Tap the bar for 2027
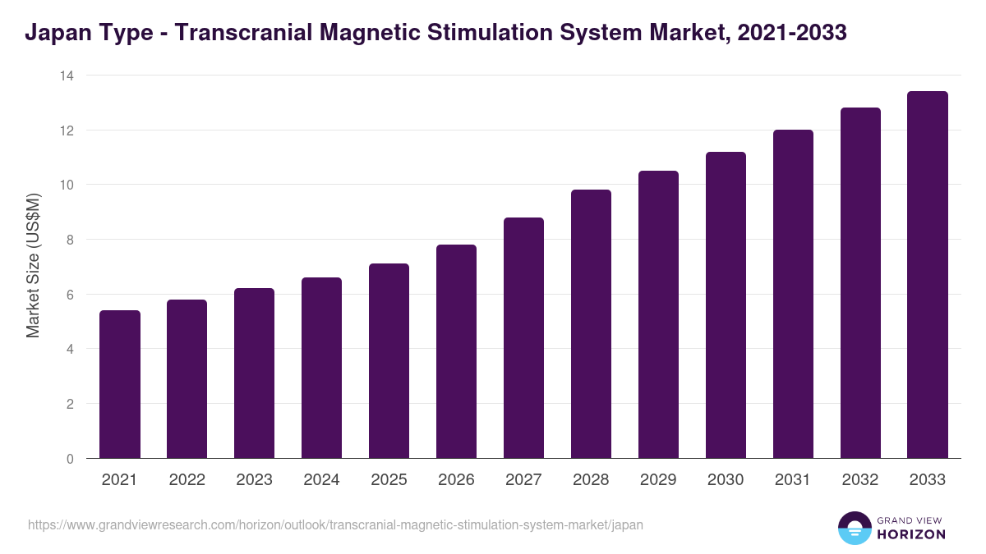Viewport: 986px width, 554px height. pos(524,337)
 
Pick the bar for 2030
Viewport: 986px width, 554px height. pos(726,304)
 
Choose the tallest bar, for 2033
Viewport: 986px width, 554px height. pos(928,275)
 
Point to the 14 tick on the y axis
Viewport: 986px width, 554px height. pos(66,76)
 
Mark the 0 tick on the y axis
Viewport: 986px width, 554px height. pos(69,459)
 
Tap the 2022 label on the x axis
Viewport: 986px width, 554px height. pos(187,480)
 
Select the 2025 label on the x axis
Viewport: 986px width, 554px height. pos(389,480)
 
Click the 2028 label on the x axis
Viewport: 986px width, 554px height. pos(591,480)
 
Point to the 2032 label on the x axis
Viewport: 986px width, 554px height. pos(860,480)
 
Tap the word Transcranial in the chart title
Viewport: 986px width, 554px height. pos(231,34)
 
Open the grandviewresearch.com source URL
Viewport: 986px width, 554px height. pos(335,524)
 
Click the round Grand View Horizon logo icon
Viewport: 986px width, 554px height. pos(854,528)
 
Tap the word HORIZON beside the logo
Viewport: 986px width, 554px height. pos(912,534)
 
